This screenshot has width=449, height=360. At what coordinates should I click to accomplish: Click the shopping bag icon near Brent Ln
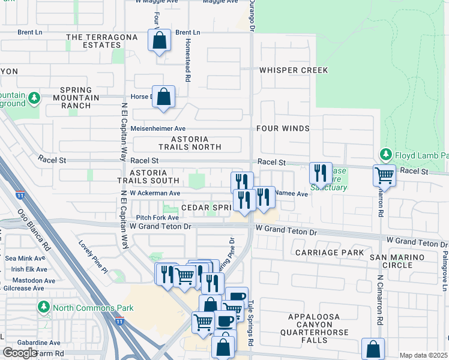click(159, 41)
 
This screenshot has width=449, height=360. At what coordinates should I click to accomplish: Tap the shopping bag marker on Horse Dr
click(163, 97)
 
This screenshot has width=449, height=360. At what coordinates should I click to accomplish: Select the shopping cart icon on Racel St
click(384, 176)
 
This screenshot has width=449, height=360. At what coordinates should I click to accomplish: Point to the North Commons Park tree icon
click(44, 308)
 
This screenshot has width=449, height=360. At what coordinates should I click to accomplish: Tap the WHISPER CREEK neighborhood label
click(294, 70)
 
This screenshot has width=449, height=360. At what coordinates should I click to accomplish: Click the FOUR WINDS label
click(283, 128)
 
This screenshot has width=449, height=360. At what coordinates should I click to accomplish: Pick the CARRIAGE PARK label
click(329, 253)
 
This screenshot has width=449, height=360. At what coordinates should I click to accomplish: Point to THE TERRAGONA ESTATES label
click(93, 41)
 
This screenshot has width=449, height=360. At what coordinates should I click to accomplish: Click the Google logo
click(20, 353)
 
